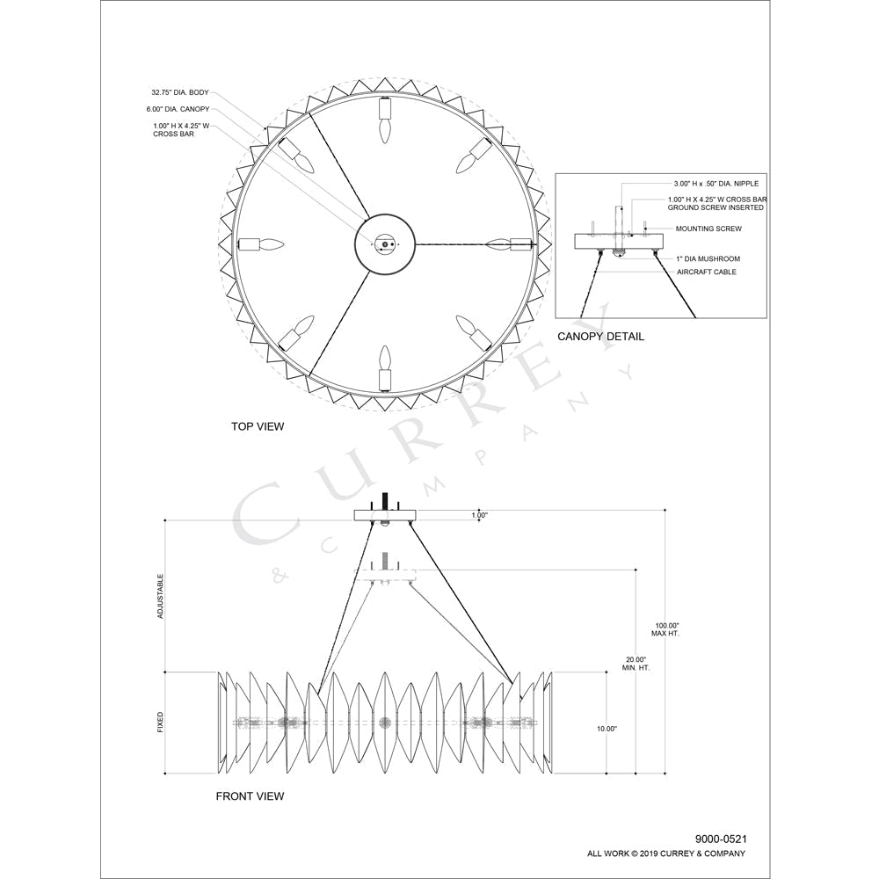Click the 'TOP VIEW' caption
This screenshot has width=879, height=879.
258,426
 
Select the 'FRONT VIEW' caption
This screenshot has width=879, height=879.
250,796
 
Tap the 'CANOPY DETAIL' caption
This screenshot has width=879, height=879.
600,337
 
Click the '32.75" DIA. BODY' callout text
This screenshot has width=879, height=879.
180,91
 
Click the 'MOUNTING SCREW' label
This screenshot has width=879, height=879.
708,229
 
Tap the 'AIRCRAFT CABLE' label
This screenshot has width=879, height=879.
707,272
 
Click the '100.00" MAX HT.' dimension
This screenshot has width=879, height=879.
665,628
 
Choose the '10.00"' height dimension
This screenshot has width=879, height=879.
607,729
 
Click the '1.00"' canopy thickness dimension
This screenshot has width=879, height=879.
479,515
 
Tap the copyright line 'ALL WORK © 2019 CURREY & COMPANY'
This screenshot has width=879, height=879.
666,854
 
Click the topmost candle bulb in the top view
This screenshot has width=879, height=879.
383,122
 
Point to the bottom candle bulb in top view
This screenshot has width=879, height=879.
383,366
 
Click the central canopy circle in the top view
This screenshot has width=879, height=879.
383,243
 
